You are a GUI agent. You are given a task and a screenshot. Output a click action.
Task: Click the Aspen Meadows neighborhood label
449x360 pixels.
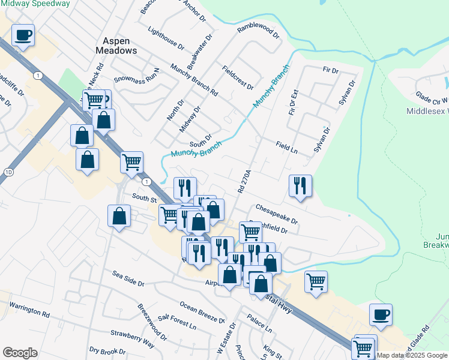click(x=116, y=46)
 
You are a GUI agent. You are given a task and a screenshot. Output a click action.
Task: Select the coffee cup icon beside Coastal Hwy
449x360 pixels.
click(x=380, y=314)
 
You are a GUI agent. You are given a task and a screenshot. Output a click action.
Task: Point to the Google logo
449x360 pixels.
click(x=20, y=353)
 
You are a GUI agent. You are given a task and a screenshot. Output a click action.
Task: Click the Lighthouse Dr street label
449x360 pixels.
click(x=165, y=38)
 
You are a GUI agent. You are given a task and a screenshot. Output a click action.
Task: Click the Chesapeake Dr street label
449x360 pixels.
click(x=277, y=214)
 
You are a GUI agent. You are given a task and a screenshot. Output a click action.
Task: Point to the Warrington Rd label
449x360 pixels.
click(x=29, y=313)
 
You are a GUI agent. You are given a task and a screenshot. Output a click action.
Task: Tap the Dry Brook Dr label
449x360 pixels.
click(x=107, y=351)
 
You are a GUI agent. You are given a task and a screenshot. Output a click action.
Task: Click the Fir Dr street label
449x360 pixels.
click(x=331, y=70)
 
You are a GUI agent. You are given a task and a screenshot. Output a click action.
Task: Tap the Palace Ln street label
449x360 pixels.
click(x=260, y=325)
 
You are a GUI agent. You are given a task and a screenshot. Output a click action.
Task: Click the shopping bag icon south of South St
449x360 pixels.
click(x=119, y=217)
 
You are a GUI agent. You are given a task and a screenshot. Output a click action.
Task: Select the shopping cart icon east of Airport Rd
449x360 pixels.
click(x=316, y=281)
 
